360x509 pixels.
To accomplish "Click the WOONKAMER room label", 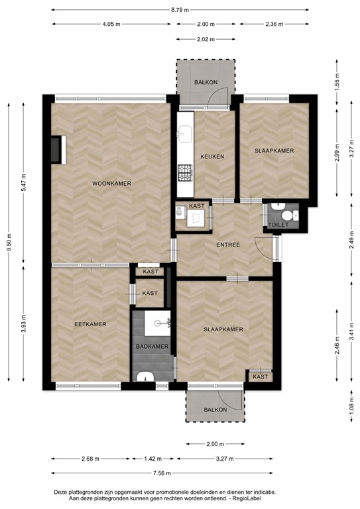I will pos(111,184).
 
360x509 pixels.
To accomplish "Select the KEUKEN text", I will pos(212,156).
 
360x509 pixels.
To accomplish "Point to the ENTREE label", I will pos(227,245).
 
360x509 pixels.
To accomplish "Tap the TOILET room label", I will pos(279,227).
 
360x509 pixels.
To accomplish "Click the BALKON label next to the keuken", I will pos(206,82).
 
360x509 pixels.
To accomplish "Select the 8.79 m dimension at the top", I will pos(180,11).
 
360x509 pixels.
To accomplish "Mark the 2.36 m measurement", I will pos(274,25).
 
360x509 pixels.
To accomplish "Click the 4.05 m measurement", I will pos(111,25).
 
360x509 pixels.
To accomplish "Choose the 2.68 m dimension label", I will pos(91,459).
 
